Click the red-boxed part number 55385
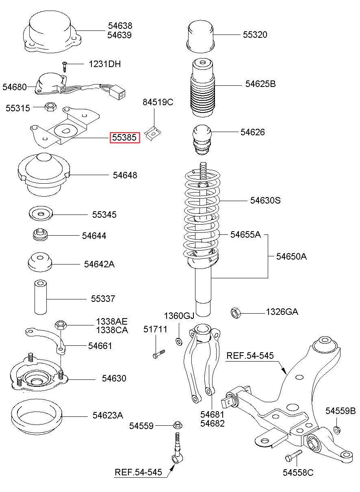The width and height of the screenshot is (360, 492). [x=125, y=138]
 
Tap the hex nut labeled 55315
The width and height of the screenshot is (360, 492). [x=50, y=107]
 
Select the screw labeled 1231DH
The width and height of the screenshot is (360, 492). [x=64, y=67]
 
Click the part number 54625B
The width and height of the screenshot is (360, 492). [x=260, y=84]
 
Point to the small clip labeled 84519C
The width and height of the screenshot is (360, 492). [x=152, y=133]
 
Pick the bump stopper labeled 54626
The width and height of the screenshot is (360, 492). [x=202, y=139]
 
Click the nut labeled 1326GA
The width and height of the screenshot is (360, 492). [x=236, y=313]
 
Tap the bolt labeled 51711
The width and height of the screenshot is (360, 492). [x=158, y=354]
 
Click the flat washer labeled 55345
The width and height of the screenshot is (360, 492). [x=41, y=213]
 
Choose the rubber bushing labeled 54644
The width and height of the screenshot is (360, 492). [x=40, y=234]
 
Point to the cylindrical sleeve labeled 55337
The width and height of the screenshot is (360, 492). [x=41, y=297]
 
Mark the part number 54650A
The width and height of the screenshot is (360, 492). [x=291, y=256]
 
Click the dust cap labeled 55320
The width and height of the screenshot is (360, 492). [x=200, y=37]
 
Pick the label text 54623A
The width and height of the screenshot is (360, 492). [x=108, y=415]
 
